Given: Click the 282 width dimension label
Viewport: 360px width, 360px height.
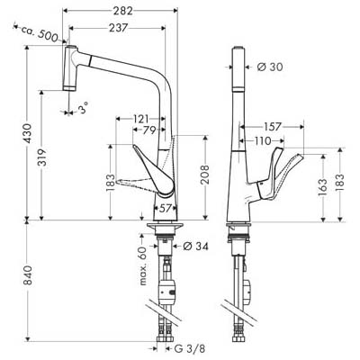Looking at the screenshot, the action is (x=122, y=11).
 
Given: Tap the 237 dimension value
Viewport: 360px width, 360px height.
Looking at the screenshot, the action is (x=118, y=28).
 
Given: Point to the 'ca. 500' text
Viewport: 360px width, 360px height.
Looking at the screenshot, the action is (x=40, y=33).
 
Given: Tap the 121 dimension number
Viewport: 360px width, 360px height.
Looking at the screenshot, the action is (x=140, y=119).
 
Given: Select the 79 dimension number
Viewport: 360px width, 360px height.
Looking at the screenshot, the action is (x=148, y=130).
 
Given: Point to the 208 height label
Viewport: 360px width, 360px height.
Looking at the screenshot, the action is (x=205, y=175).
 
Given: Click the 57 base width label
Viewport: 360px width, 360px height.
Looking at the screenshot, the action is (x=165, y=208).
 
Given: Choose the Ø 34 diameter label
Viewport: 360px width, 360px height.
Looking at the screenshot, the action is (x=195, y=247).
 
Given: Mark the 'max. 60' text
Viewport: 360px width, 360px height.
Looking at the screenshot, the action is (x=143, y=265).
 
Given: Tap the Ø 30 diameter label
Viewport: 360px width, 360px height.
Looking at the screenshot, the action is (x=270, y=67).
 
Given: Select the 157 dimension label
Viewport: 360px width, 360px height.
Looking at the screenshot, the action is (x=274, y=127).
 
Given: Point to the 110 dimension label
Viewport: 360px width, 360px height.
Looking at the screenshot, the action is (x=263, y=140).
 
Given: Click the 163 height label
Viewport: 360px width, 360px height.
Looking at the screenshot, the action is (x=323, y=188).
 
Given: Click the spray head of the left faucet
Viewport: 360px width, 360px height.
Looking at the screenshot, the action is (x=69, y=68).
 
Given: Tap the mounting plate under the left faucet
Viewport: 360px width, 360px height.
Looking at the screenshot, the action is (x=165, y=225).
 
